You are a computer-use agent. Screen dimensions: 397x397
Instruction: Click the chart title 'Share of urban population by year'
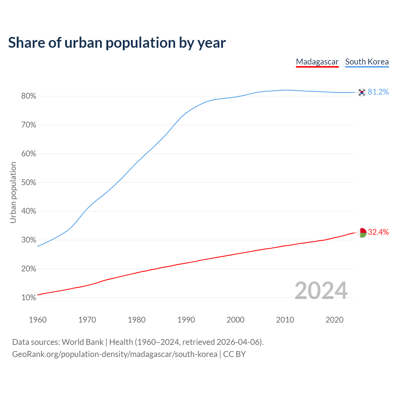click(x=117, y=43)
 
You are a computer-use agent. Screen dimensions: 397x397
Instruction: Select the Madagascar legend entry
click(x=317, y=62)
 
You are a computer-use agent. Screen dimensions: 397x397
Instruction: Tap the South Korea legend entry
click(x=367, y=62)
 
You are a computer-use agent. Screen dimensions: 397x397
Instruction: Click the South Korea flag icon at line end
click(x=362, y=92)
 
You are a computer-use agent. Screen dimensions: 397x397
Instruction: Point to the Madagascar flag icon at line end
click(x=362, y=232)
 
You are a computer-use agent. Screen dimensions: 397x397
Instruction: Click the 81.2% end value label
click(x=378, y=92)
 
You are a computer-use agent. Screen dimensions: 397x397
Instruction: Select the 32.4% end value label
click(x=378, y=232)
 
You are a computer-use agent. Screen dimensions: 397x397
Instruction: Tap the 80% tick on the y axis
click(x=29, y=96)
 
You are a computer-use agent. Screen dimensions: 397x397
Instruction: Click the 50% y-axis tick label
click(x=29, y=182)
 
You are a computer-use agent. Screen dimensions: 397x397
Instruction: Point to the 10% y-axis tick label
click(x=29, y=298)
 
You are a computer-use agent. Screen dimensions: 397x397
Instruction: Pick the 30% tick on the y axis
click(x=29, y=240)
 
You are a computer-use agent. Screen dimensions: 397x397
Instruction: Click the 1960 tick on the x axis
click(x=38, y=320)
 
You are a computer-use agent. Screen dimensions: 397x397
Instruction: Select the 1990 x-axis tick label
click(x=186, y=320)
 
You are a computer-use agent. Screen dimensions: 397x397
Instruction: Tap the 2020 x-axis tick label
click(x=334, y=320)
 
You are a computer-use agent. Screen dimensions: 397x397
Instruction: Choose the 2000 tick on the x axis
click(x=235, y=320)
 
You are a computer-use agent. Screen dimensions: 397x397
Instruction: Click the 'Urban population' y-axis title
click(x=13, y=192)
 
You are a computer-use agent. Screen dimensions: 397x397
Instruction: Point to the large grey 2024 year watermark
click(x=321, y=291)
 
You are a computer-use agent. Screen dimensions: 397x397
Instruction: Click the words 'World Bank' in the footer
click(x=83, y=342)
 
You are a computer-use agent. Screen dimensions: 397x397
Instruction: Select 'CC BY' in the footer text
click(x=234, y=354)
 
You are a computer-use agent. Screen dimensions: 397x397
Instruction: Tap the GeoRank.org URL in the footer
click(x=115, y=354)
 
